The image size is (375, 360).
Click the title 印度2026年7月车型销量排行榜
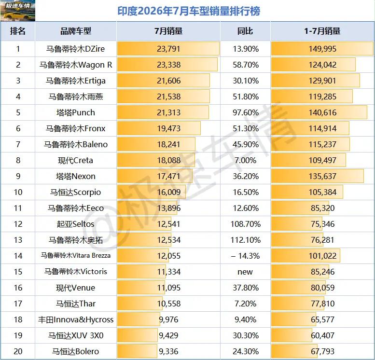click(189, 11)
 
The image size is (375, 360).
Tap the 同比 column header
click(245, 31)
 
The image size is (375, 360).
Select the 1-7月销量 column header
click(322, 31)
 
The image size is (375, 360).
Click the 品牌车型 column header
click(76, 31)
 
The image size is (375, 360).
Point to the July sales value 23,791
click(168, 49)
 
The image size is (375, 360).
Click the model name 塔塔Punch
click(76, 112)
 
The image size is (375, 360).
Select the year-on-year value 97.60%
click(246, 112)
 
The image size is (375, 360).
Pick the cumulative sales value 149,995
click(322, 49)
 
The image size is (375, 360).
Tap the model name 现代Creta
click(75, 160)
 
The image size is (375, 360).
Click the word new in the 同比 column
click(245, 272)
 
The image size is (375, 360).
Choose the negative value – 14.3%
click(245, 256)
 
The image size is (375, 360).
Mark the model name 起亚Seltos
click(76, 224)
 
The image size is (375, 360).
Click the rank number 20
click(18, 351)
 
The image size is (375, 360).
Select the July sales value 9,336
click(168, 351)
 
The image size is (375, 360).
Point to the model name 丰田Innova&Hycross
click(76, 319)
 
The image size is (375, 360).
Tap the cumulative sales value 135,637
click(322, 176)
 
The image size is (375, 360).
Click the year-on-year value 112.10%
click(246, 240)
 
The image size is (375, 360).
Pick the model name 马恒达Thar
click(76, 304)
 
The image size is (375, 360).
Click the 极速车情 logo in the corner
click(18, 11)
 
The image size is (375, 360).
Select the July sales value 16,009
click(168, 192)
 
